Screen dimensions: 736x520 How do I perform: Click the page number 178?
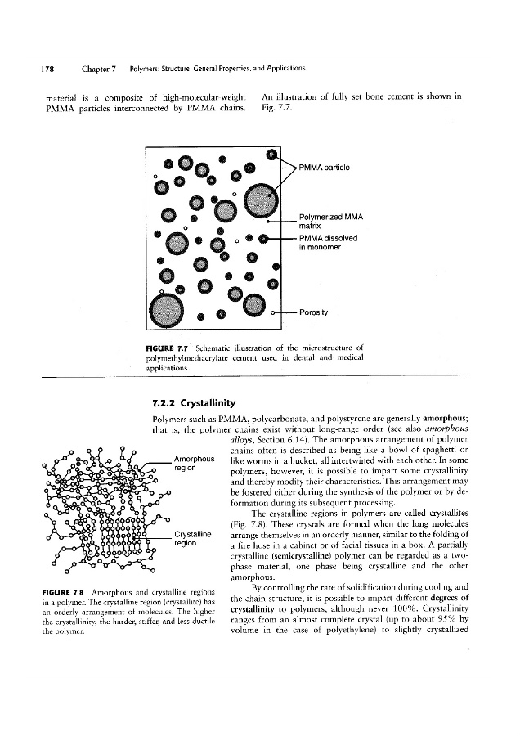tap(36, 66)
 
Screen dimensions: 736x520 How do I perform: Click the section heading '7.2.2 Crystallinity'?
tap(194, 403)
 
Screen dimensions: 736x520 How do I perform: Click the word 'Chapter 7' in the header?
tap(100, 66)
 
